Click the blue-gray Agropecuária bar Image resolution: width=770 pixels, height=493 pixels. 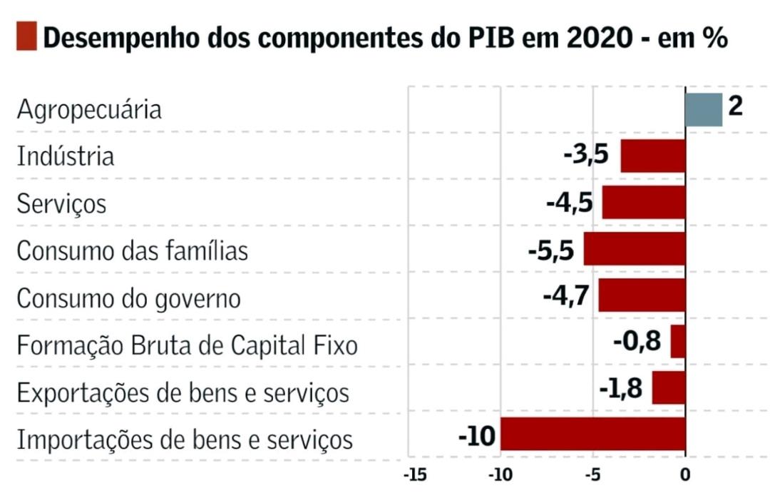(704, 109)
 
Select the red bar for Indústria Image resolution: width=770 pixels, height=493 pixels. (653, 156)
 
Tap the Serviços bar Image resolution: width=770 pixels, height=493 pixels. (644, 202)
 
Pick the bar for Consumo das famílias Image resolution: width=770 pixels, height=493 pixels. (635, 249)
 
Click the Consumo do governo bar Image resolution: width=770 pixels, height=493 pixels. (642, 295)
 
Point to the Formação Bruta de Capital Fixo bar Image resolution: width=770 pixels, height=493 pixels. (678, 342)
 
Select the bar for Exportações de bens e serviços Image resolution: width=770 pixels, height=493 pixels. (669, 388)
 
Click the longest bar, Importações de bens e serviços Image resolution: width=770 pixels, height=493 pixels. (592, 434)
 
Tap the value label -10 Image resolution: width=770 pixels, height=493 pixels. (476, 434)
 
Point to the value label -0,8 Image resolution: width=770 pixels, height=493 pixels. (637, 342)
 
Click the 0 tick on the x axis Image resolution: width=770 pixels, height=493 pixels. (684, 474)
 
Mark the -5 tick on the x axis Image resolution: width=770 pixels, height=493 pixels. (593, 474)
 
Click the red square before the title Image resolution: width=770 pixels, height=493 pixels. (26, 36)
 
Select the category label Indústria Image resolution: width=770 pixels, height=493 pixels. (66, 156)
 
